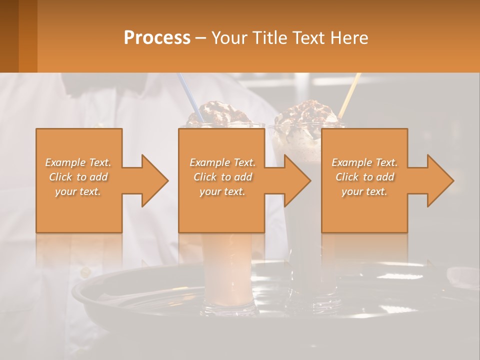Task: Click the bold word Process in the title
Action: point(157,38)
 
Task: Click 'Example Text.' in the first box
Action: point(78,162)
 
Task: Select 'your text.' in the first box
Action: point(78,191)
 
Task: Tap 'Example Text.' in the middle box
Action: point(222,162)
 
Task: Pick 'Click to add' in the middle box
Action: point(222,177)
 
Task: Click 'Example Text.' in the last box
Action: point(364,162)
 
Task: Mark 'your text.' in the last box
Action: point(364,191)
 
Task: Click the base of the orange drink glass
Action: point(228,305)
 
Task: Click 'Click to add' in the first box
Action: point(78,177)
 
